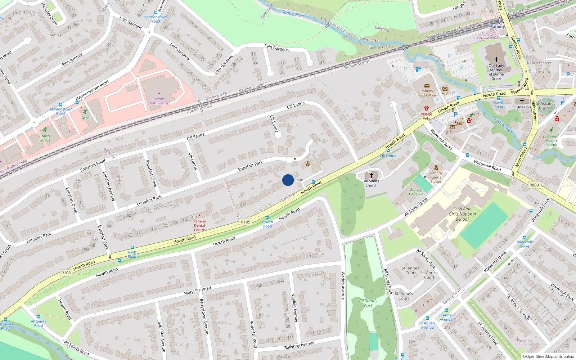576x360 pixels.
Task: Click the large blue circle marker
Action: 288,180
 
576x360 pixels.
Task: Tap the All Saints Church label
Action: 372,183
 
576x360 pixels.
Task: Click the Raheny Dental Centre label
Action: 199,226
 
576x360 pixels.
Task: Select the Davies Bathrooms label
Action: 159,101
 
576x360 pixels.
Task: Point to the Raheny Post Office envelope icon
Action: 427,86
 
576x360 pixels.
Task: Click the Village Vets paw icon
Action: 427,108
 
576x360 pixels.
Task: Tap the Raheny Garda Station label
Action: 436,177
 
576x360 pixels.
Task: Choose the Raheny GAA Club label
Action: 416,192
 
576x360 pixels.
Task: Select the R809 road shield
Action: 534,185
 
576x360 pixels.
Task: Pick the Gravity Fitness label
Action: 45,138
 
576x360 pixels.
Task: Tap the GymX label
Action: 85,118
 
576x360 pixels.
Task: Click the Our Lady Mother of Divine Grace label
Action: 496,72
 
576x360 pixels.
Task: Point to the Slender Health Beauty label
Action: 551,140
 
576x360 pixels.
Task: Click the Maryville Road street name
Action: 198,291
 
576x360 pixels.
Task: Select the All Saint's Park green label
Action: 368,303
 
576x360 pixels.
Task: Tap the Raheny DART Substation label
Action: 487,36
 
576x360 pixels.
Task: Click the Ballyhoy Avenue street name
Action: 299,345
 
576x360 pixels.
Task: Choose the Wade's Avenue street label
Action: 343,285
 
